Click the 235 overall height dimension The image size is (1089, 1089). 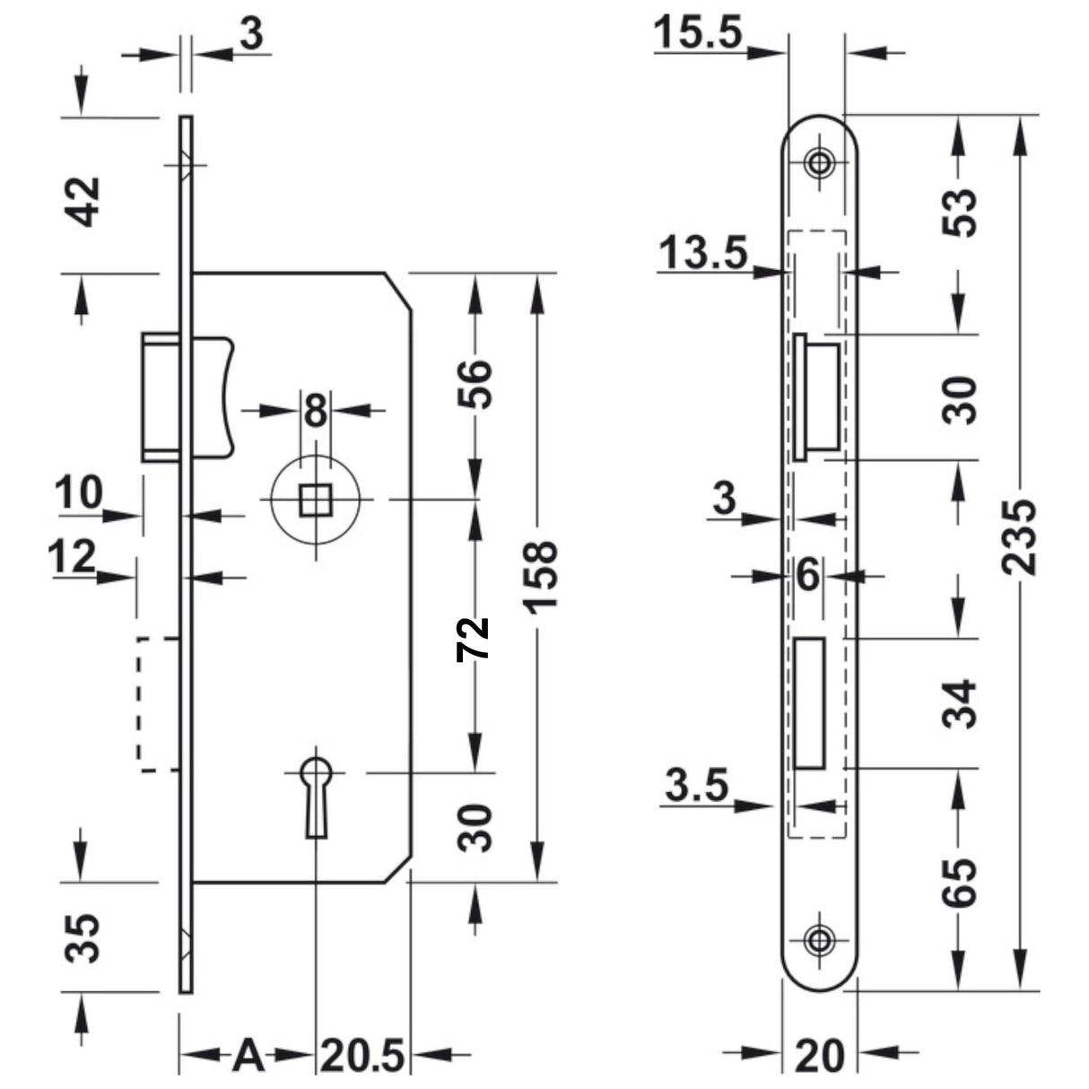click(x=1021, y=536)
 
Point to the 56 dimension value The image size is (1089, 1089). click(x=476, y=384)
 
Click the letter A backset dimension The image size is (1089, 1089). click(x=248, y=1056)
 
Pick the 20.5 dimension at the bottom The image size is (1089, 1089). click(x=362, y=1057)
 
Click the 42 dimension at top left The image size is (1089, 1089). click(x=86, y=201)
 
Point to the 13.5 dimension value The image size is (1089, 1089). click(x=702, y=254)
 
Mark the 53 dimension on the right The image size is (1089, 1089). click(x=961, y=212)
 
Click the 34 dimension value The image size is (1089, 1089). click(x=961, y=703)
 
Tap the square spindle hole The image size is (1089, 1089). click(x=314, y=499)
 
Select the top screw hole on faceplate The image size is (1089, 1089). click(x=818, y=162)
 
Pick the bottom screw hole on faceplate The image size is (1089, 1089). click(x=818, y=939)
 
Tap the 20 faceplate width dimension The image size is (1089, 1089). click(x=820, y=1056)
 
